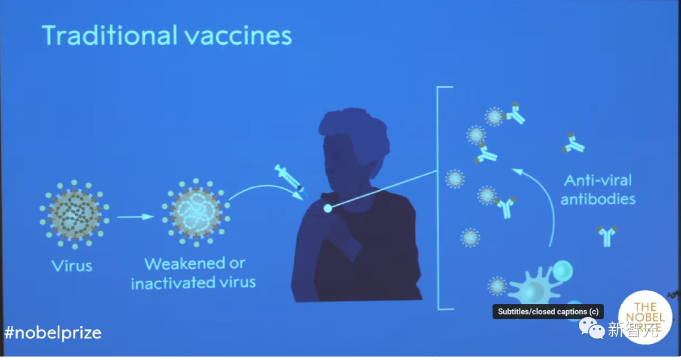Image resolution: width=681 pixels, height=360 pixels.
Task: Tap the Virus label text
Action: [72, 265]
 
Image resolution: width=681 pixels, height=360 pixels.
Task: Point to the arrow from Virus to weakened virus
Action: [136, 217]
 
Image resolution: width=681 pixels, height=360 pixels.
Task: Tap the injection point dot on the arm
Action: [327, 208]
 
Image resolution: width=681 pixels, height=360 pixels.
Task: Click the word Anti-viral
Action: [597, 181]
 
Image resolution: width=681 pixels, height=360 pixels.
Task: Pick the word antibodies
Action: [598, 200]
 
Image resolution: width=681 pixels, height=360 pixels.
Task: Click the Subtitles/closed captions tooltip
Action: [548, 311]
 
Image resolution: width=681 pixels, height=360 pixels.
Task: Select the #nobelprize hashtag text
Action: [52, 332]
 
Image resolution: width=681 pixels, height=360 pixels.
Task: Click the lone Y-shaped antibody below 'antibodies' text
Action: [607, 235]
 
